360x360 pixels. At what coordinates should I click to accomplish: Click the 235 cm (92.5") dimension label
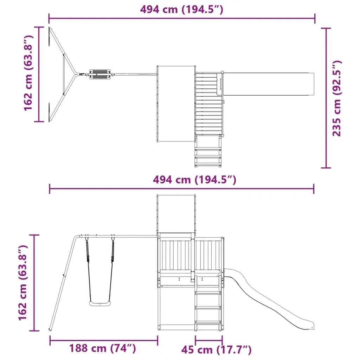coord(337,98)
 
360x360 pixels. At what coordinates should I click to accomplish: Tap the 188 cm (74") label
coord(103,348)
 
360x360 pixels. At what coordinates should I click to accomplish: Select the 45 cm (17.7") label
coord(216,350)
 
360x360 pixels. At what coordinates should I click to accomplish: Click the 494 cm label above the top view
coord(182,9)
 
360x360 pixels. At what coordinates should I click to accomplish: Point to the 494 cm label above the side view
coord(194,179)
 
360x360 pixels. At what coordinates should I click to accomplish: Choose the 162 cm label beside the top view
coord(29,73)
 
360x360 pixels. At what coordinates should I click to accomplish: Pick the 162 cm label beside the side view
coord(23,283)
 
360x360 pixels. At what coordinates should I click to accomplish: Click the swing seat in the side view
coord(100,304)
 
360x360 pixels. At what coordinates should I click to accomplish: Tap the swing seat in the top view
coord(100,74)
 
